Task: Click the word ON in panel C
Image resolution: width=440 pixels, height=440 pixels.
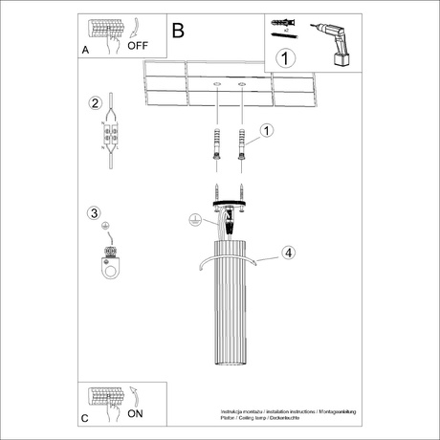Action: click(136, 414)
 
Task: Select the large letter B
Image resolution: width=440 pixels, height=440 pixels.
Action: click(178, 30)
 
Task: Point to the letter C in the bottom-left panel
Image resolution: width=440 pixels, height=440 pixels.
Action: click(85, 419)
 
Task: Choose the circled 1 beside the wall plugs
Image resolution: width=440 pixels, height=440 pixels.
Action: click(267, 130)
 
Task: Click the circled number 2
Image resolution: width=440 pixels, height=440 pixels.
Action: click(94, 103)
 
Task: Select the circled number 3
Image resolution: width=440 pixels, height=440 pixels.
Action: click(94, 212)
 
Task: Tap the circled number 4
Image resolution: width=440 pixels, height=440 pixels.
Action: click(287, 253)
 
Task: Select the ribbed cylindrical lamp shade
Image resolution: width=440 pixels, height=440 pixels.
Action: click(231, 306)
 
